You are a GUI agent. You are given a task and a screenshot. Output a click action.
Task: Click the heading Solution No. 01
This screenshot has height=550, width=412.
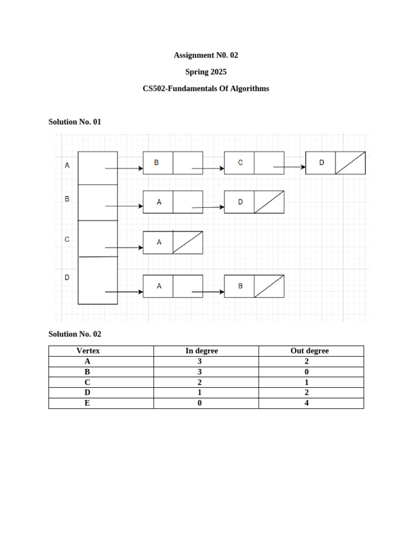[x=75, y=122]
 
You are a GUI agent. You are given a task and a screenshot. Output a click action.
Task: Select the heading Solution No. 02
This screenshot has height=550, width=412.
[x=75, y=334]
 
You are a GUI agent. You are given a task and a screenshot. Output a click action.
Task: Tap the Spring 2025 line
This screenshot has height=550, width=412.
[x=206, y=72]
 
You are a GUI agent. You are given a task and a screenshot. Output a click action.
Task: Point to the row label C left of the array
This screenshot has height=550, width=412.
[x=67, y=240]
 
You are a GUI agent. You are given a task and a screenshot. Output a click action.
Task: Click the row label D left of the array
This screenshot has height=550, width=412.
[x=67, y=278]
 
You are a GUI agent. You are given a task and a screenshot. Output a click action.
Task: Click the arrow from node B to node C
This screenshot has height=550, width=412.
[x=208, y=169]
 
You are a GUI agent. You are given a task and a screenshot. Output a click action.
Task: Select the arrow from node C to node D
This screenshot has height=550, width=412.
[x=290, y=167]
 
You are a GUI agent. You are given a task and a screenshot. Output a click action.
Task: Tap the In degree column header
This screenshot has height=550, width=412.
[x=202, y=351]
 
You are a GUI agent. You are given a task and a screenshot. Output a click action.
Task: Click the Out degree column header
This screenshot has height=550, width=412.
[x=310, y=351]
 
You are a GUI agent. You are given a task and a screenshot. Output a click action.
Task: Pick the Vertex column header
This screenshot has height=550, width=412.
[x=88, y=351]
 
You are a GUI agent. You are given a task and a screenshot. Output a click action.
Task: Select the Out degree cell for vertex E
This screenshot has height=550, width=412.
[x=306, y=403]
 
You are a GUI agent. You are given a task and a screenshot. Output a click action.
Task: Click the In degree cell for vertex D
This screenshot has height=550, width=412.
[x=200, y=393]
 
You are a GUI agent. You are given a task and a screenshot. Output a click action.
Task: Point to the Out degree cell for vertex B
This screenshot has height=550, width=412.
[x=306, y=372]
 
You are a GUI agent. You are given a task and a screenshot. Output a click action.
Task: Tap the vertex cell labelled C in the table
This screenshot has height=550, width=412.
[x=87, y=382]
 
